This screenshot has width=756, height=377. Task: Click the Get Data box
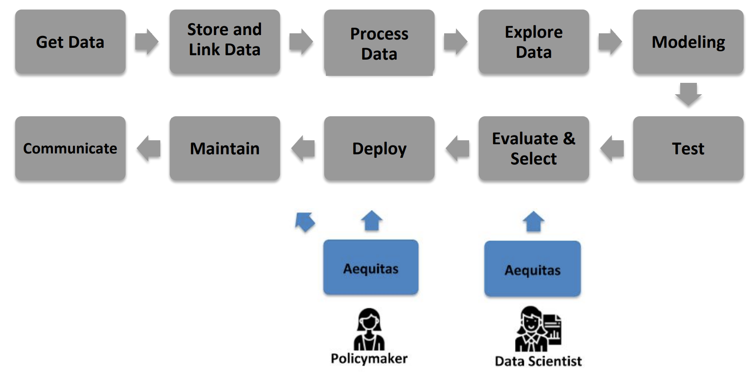pos(70,42)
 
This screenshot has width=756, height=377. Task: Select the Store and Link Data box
pos(225,42)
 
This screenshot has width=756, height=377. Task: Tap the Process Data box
pos(379,43)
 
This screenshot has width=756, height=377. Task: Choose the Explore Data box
pos(533,42)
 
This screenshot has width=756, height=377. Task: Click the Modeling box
pos(688,42)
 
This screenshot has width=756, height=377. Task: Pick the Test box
pos(688,148)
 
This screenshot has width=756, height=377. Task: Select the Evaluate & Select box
pos(533,148)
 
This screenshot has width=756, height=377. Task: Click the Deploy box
pos(379,148)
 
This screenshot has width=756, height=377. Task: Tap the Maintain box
pos(225,148)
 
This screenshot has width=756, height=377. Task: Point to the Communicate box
pos(70,148)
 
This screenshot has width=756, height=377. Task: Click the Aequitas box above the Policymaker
pos(371,267)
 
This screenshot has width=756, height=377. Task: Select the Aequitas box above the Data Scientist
pos(533,269)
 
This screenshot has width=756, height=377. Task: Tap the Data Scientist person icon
pos(538,329)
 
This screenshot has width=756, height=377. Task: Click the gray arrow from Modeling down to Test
pos(688,94)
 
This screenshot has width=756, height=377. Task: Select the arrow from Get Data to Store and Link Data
pos(147,42)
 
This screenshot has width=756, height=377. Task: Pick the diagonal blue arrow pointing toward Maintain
pos(305,222)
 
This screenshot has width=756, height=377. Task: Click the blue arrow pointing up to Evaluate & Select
pos(533,221)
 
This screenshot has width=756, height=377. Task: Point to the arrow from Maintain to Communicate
pos(148,148)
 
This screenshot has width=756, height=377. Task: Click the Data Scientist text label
pos(538,361)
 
